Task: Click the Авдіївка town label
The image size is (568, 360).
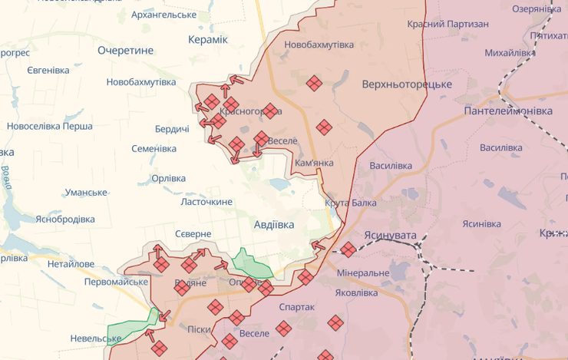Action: tap(274, 225)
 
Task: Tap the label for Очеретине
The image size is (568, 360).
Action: tap(126, 51)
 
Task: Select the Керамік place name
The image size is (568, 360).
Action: tap(208, 39)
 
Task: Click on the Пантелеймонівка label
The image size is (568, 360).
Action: tap(508, 111)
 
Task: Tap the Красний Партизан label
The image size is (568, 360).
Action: tap(448, 25)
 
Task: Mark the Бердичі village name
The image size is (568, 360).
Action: tap(172, 129)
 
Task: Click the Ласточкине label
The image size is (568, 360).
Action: tap(206, 202)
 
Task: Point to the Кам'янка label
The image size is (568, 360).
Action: tap(314, 164)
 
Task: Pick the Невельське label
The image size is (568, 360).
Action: tap(96, 339)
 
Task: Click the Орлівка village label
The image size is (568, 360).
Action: tap(168, 178)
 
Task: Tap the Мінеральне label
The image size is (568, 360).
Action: tap(363, 273)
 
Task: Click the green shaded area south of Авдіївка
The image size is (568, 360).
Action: tap(252, 264)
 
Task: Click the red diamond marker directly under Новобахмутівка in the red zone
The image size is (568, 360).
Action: tap(313, 83)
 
